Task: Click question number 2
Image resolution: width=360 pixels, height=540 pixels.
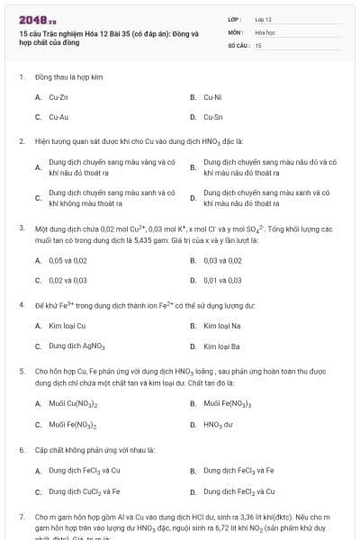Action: coord(22,141)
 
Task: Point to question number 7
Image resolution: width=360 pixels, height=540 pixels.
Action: coord(22,517)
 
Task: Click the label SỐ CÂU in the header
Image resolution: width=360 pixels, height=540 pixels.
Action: coord(238,44)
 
